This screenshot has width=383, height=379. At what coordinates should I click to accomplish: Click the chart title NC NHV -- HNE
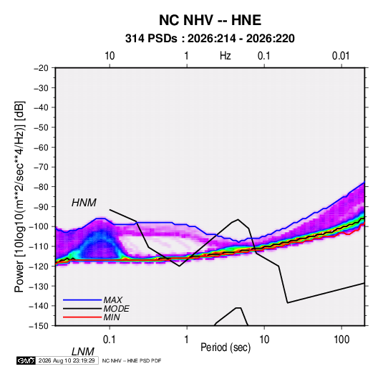tap(210, 20)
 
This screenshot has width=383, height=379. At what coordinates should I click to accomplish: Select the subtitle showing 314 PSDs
tap(210, 39)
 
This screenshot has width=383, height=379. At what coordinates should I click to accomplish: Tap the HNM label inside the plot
tap(84, 203)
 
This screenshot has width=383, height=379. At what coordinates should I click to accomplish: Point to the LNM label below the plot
tap(83, 352)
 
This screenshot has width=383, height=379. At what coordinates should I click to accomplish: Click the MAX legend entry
tap(112, 299)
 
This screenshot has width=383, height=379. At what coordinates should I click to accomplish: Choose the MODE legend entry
tap(116, 309)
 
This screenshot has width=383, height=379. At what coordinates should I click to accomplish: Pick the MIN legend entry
tap(112, 317)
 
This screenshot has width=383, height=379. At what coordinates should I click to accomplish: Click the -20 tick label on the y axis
tap(41, 68)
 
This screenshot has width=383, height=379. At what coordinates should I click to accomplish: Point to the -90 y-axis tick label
tap(41, 207)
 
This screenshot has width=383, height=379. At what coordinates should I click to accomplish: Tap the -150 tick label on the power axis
tap(39, 326)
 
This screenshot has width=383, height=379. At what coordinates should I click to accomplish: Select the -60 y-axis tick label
tap(41, 148)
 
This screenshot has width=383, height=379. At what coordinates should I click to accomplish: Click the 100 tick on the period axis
tap(341, 340)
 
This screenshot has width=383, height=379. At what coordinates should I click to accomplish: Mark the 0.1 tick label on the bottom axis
tap(110, 340)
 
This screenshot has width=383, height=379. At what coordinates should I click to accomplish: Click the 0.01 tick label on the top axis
tap(341, 56)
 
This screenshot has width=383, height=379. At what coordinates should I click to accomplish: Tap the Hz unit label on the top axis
tap(226, 56)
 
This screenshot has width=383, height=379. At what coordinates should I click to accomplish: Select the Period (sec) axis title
tap(226, 347)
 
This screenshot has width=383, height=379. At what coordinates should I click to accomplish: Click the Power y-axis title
tap(19, 197)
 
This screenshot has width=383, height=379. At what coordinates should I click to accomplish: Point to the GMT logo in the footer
tap(26, 360)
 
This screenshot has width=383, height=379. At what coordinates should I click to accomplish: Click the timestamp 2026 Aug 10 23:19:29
tap(67, 360)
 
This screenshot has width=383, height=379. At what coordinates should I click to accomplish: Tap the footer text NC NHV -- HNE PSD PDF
tap(132, 361)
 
